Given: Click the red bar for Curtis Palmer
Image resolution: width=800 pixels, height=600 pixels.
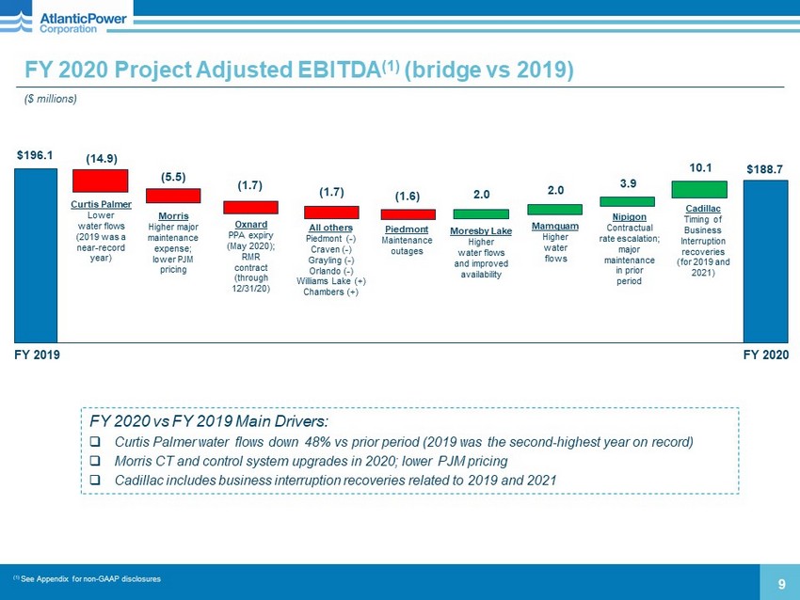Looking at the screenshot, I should coord(100,181).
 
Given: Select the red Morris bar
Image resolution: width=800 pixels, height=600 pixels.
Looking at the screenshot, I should coord(173,196).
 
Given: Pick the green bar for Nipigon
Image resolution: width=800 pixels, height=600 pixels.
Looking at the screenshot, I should coord(627,201).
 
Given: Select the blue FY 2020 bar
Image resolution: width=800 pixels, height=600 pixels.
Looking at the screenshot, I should coord(765,261).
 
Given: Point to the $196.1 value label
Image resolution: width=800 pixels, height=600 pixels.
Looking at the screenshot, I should coord(35,153).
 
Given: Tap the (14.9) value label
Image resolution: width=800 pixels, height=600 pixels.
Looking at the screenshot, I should coord(101,157).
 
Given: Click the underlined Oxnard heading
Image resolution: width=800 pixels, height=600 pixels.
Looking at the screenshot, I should coord(250,224).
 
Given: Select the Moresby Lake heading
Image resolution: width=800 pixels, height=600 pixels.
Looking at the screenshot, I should coord(481,231).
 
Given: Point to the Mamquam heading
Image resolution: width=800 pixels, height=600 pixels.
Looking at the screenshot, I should coord(555,227).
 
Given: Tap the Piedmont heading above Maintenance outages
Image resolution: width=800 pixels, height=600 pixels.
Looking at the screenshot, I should coord(408,229).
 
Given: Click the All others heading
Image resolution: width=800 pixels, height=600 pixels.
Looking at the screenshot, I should coord(330,228).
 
